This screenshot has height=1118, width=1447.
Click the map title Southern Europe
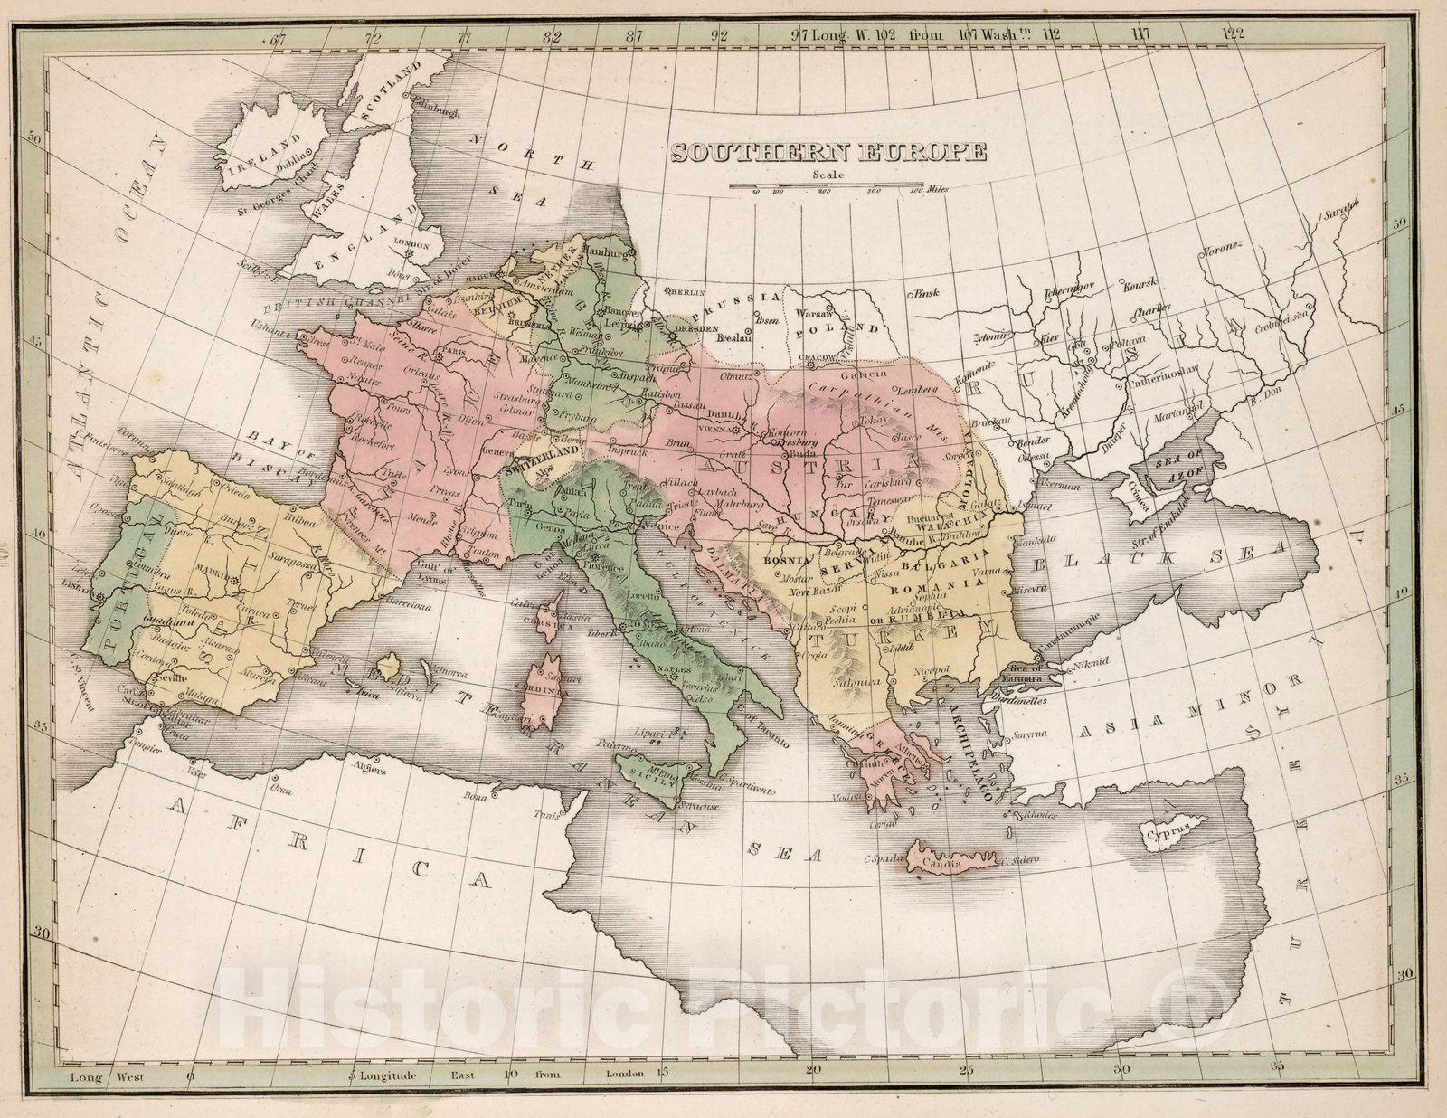coord(828,152)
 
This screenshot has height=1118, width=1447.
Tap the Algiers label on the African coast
coord(370,771)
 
